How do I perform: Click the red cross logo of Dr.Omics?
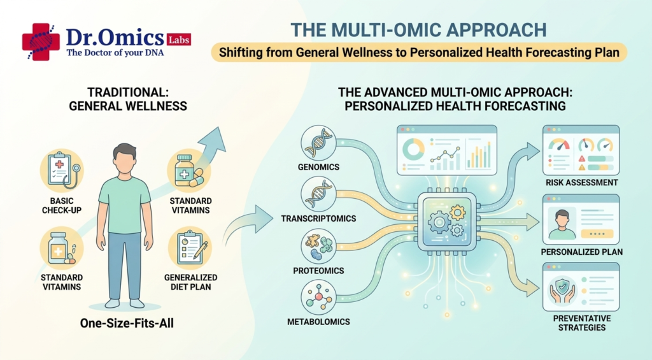(x=41, y=42)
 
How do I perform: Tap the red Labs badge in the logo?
(x=179, y=40)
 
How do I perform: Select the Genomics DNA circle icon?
(x=318, y=143)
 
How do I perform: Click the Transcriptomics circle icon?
(x=318, y=194)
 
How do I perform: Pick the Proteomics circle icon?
(x=318, y=246)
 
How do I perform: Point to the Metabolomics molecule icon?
(x=318, y=297)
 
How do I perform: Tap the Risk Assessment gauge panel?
(x=581, y=150)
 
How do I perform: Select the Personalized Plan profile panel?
(x=581, y=219)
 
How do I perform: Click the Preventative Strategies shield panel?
(x=581, y=287)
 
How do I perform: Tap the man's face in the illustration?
(x=125, y=160)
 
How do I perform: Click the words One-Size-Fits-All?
(x=127, y=323)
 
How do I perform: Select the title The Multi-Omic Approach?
(x=418, y=30)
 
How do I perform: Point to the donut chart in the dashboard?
(x=413, y=149)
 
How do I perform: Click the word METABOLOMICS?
(x=318, y=322)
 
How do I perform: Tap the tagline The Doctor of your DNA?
(x=115, y=53)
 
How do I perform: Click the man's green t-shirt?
(x=125, y=204)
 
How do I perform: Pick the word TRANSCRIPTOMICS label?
(x=318, y=219)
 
